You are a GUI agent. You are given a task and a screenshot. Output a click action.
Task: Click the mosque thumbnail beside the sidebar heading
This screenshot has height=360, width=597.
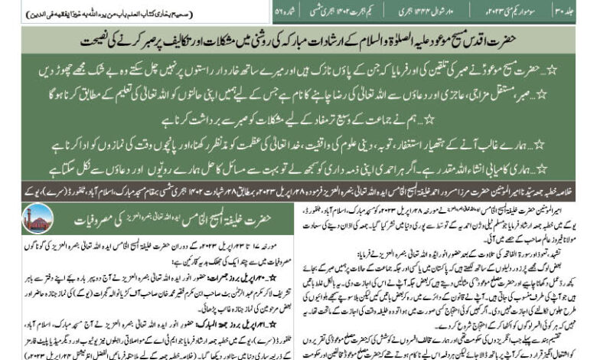[38, 218]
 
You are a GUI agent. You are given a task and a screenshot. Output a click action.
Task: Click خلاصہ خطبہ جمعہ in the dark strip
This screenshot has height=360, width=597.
[566, 191]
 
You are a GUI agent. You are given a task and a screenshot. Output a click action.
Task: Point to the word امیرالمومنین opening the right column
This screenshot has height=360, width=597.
[567, 208]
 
